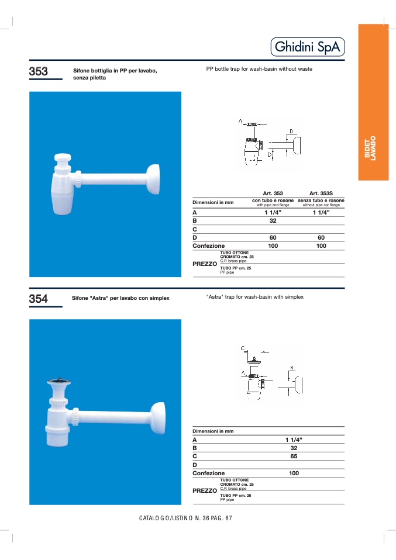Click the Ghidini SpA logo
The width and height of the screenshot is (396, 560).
pyautogui.click(x=308, y=47)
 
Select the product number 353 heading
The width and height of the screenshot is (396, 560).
pyautogui.click(x=38, y=71)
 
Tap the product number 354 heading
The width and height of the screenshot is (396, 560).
pyautogui.click(x=38, y=299)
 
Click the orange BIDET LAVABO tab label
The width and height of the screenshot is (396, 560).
pyautogui.click(x=370, y=148)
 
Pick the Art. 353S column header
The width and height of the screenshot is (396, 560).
pyautogui.click(x=321, y=193)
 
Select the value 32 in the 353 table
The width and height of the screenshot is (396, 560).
pyautogui.click(x=273, y=221)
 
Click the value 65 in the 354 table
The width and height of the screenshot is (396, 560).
pyautogui.click(x=294, y=456)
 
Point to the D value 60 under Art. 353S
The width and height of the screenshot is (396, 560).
pyautogui.click(x=321, y=237)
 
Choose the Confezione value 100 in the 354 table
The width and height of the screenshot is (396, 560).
pyautogui.click(x=294, y=473)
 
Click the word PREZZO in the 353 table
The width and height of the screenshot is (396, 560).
pyautogui.click(x=205, y=264)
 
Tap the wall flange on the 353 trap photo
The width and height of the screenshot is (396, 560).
pyautogui.click(x=153, y=179)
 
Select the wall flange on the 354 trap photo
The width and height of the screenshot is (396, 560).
pyautogui.click(x=158, y=418)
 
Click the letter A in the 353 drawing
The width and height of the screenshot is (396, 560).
pyautogui.click(x=240, y=122)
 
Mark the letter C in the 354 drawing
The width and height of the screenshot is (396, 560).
pyautogui.click(x=243, y=348)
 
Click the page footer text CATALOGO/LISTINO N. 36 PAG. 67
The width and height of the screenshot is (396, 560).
pyautogui.click(x=185, y=518)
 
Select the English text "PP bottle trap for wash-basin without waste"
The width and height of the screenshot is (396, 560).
pyautogui.click(x=259, y=69)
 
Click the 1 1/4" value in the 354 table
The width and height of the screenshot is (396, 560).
pyautogui.click(x=294, y=440)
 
